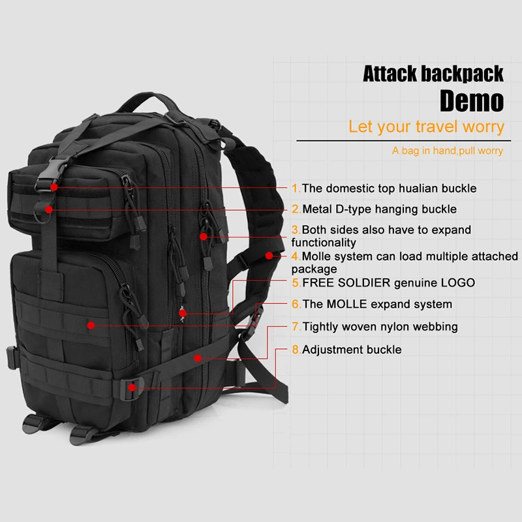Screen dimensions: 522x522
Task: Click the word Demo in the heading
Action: click(471, 100)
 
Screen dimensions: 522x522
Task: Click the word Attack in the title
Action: click(390, 73)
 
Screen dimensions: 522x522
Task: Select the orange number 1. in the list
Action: click(296, 189)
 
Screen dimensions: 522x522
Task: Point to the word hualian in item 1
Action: click(400, 189)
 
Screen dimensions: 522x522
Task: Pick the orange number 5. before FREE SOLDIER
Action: click(296, 283)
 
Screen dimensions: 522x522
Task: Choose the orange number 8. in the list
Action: click(296, 350)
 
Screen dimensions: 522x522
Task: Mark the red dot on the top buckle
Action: click(55, 187)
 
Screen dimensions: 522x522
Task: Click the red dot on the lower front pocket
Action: click(91, 324)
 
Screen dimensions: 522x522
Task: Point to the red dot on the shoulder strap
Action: click(269, 256)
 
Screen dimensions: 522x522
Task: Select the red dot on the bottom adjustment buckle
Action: click(132, 387)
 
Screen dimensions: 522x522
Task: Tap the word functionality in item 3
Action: click(324, 243)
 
